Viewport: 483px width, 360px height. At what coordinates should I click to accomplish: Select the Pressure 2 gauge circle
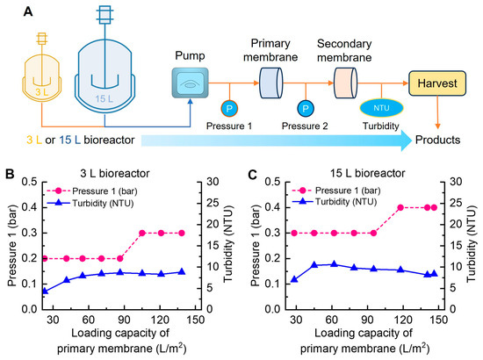coord(306,108)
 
